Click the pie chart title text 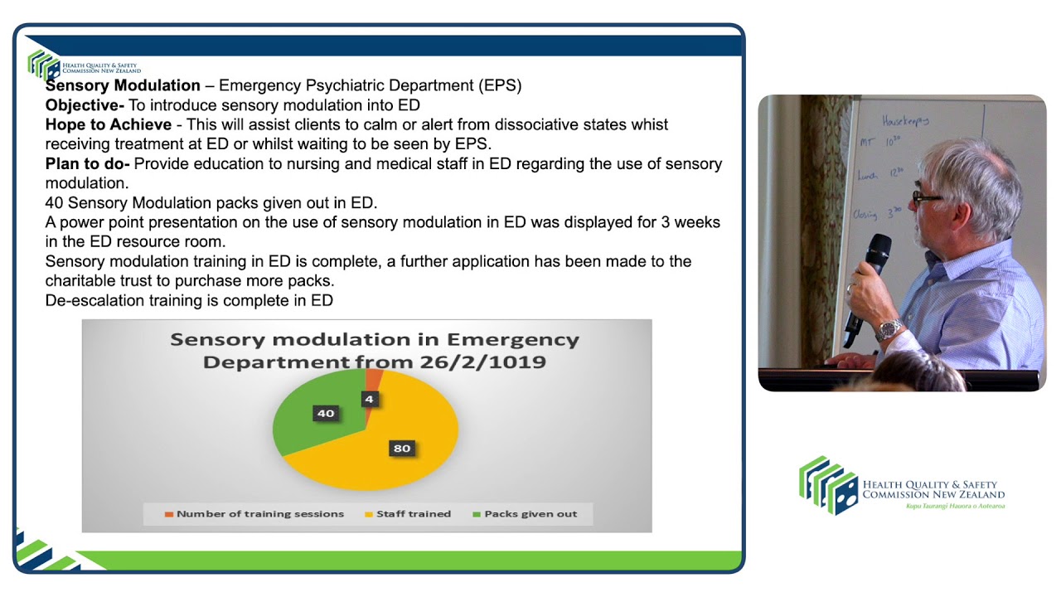pyautogui.click(x=374, y=351)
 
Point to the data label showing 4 pyautogui.click(x=369, y=399)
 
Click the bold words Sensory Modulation pyautogui.click(x=123, y=85)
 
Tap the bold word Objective pyautogui.click(x=84, y=105)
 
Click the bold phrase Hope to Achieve pyautogui.click(x=108, y=124)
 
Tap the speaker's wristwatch pyautogui.click(x=889, y=328)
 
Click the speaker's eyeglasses pyautogui.click(x=925, y=197)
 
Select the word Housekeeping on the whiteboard pyautogui.click(x=906, y=120)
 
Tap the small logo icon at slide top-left pyautogui.click(x=43, y=64)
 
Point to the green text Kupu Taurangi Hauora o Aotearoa pyautogui.click(x=955, y=506)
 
